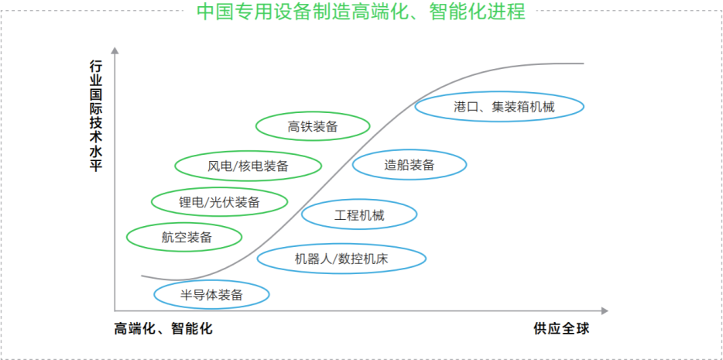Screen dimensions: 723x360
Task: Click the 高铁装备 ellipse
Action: [x=313, y=127]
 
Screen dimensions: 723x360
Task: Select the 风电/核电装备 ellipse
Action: [x=248, y=165]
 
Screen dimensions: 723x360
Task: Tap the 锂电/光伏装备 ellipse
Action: [x=220, y=203]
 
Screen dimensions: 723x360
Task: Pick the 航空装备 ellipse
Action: [x=187, y=238]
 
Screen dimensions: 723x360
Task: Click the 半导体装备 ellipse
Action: [x=212, y=294]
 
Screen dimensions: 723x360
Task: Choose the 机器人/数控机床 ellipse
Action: [x=341, y=259]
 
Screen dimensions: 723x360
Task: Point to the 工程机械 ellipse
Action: [x=359, y=216]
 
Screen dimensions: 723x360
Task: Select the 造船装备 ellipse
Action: [x=409, y=165]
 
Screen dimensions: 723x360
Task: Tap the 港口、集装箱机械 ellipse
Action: [x=499, y=107]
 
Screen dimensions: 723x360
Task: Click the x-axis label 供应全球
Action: [x=561, y=328]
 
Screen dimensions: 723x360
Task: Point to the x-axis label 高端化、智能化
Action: [x=163, y=328]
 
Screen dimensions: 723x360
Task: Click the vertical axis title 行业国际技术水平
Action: [x=95, y=117]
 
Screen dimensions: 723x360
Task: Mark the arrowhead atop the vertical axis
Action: [x=115, y=52]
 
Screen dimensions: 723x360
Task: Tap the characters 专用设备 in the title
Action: [x=272, y=12]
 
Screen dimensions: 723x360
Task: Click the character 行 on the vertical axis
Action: [x=95, y=69]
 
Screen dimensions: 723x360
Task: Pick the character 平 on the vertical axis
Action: [x=95, y=165]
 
